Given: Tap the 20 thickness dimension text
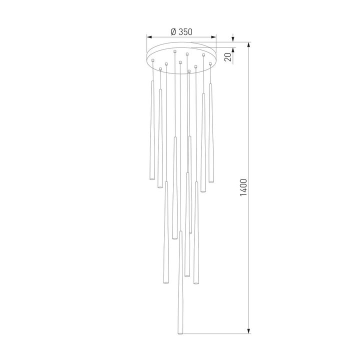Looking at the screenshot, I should [x=228, y=56].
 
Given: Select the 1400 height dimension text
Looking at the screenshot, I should [x=243, y=187].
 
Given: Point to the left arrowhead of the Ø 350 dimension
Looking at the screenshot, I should [x=149, y=36].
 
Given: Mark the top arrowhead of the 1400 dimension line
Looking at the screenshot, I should [x=249, y=45].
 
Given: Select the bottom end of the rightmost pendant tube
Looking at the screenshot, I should [x=211, y=181].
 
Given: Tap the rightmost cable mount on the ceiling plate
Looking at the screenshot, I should [x=210, y=63].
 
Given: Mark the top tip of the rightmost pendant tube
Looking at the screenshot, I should [x=210, y=84].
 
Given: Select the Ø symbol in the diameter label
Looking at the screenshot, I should [x=172, y=31].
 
